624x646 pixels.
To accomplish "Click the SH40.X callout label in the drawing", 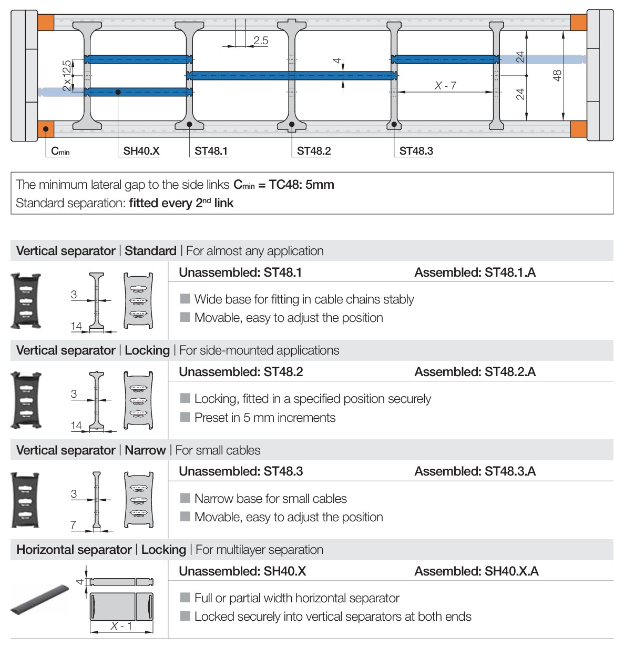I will click(141, 151).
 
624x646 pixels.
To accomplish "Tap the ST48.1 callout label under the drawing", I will click(211, 151).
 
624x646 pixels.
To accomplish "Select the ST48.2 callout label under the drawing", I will click(314, 151).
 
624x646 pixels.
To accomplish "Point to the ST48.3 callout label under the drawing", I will click(416, 151).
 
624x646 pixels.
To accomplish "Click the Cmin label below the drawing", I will click(60, 152).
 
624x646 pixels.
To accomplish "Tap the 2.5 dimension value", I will click(261, 41).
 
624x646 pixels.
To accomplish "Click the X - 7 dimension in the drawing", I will click(445, 85).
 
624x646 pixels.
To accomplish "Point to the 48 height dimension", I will click(557, 75).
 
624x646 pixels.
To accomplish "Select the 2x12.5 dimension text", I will click(67, 75).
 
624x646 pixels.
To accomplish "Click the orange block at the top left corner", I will click(46, 23).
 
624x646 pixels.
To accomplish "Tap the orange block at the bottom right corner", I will click(578, 128).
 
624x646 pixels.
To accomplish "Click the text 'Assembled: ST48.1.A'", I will click(475, 272).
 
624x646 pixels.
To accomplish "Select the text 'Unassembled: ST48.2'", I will click(241, 372).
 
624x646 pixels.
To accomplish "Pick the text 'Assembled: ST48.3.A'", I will click(475, 471).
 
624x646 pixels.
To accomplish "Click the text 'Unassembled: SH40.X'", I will click(242, 571).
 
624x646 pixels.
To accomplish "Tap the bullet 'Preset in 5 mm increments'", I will click(264, 418).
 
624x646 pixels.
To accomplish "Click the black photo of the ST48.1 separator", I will click(26, 300).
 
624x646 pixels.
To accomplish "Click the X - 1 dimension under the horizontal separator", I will click(121, 626).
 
